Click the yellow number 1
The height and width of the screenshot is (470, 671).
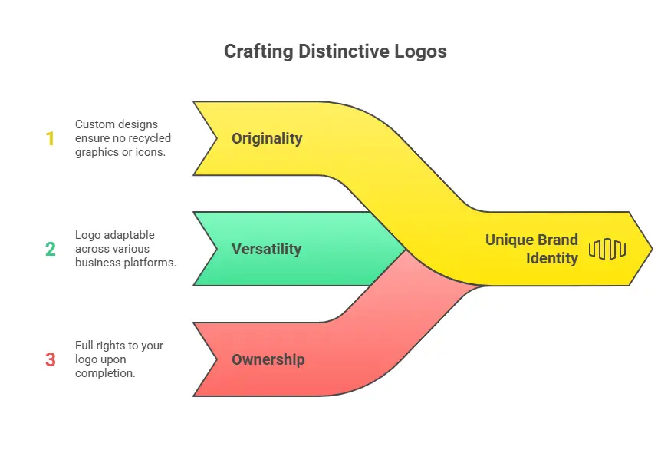pos(51,139)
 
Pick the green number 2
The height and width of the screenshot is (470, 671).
pos(51,249)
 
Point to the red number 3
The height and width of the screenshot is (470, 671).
pos(51,359)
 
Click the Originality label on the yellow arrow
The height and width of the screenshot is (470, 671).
pos(267,138)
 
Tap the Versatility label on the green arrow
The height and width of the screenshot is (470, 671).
pos(266,249)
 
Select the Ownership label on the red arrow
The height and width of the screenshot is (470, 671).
pos(268,359)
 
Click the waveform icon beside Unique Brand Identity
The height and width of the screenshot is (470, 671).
pos(607,249)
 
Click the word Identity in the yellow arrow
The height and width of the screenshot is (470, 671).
pos(552,258)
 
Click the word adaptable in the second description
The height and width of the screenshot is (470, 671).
pos(128,234)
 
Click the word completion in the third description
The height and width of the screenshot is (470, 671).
pos(105,373)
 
